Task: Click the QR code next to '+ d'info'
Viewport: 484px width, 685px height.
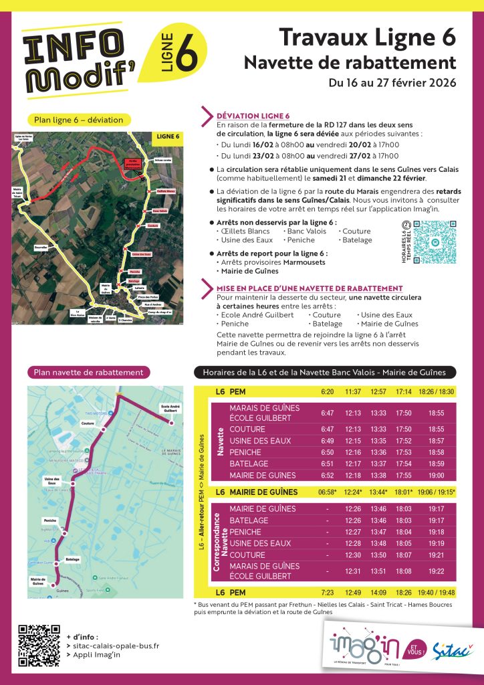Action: (x=39, y=646)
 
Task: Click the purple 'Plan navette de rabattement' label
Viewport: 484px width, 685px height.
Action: (x=89, y=372)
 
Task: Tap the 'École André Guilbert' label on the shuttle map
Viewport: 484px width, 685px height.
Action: (x=171, y=409)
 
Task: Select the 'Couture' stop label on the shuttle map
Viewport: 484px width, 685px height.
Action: (x=88, y=423)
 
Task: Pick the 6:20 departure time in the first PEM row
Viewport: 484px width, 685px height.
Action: (x=327, y=391)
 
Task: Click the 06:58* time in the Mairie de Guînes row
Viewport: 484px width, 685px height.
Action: (x=327, y=492)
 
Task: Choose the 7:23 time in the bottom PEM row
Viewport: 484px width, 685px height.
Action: (x=327, y=592)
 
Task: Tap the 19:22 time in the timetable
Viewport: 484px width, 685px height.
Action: (x=436, y=571)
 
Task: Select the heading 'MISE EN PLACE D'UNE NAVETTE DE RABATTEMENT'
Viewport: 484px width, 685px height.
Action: (x=310, y=288)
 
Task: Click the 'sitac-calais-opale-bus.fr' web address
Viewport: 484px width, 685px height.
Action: (x=116, y=646)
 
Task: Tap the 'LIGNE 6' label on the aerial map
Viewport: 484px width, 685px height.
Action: (x=168, y=136)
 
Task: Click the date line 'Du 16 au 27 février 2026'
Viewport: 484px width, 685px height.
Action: (x=392, y=84)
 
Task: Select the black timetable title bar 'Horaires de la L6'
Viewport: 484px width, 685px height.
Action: (x=325, y=373)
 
